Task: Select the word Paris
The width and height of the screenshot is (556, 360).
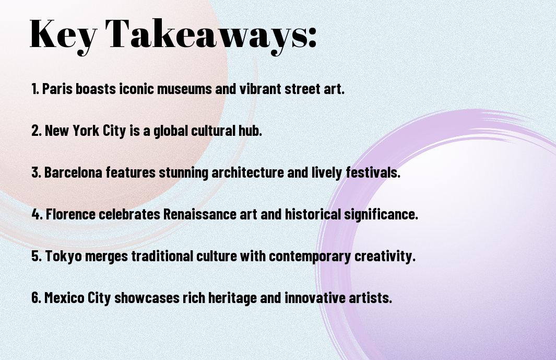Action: point(57,89)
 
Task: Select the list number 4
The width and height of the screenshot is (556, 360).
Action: point(37,214)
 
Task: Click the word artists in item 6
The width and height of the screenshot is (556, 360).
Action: point(370,297)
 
